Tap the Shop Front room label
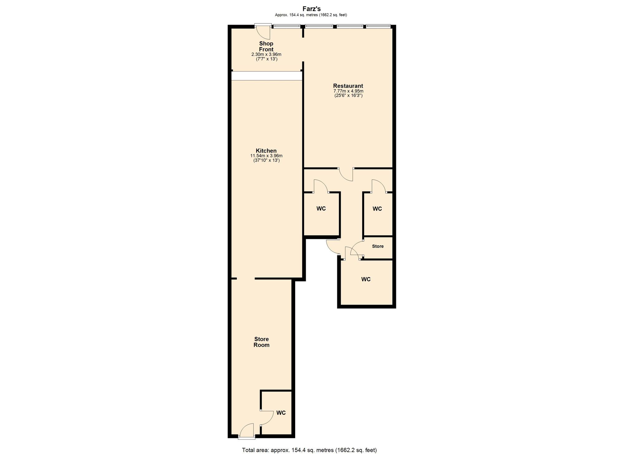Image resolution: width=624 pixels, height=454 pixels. point(266,46)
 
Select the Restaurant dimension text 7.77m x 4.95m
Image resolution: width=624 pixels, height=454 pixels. point(348,91)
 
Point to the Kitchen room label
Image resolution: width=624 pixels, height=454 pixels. point(266,151)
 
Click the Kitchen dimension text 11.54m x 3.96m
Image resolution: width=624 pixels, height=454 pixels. point(266,156)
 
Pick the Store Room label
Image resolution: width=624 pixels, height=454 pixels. point(261,342)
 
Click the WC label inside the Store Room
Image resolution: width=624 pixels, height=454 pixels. point(281,413)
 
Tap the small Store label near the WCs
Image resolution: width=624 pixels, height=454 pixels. point(378,246)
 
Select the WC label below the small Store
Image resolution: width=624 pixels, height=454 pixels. point(366,279)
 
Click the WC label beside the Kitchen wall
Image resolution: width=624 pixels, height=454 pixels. point(321,208)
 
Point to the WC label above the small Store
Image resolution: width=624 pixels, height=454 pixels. point(377,208)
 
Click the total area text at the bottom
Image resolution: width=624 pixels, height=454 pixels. point(309,450)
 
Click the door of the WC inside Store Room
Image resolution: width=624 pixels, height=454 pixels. point(266,418)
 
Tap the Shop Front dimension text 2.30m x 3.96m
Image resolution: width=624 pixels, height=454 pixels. point(266,54)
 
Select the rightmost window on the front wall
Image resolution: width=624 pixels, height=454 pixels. point(378,26)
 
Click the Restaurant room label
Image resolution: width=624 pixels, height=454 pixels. point(348,86)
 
